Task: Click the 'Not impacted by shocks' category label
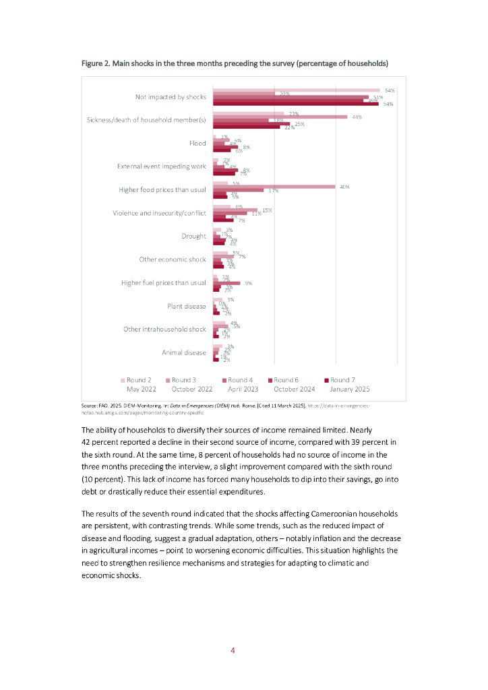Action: [171, 97]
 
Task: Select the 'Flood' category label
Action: [197, 144]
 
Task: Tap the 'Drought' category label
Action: [193, 237]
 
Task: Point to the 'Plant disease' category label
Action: [187, 306]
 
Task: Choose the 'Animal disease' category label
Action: [184, 352]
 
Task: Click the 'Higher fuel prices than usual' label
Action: [164, 283]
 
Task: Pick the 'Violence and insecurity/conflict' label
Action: [159, 214]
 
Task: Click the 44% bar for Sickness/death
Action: [280, 117]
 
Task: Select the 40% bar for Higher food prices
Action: [274, 187]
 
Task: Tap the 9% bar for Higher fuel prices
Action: [226, 283]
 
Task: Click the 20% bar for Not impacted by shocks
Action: [244, 94]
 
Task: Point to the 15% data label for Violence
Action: [267, 210]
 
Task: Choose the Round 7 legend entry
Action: [344, 380]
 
